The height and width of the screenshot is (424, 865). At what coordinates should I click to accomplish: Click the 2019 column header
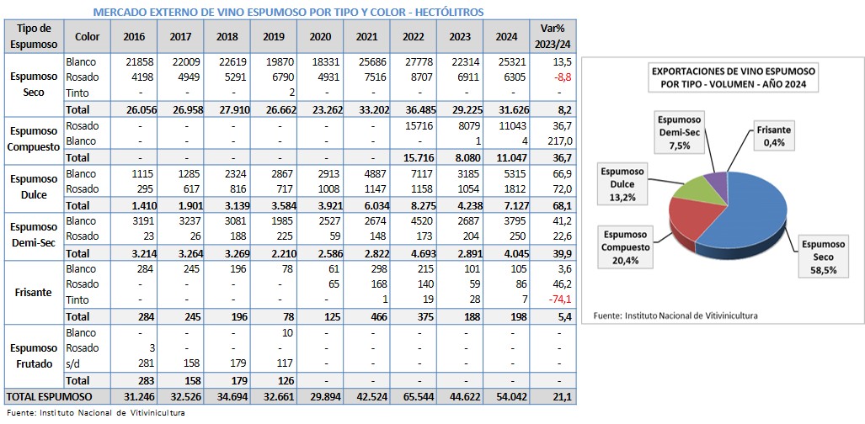tap(274, 37)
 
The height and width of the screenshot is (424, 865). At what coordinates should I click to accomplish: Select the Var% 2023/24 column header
tap(557, 37)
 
